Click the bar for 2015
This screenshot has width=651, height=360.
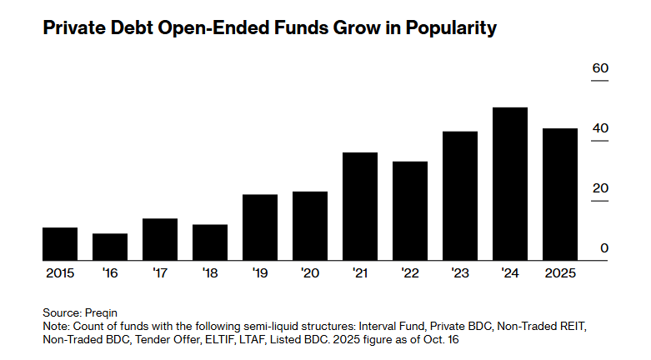60,243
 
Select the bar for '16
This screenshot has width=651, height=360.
110,247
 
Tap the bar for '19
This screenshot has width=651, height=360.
260,227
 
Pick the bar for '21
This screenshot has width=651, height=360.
360,206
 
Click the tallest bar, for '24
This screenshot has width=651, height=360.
510,183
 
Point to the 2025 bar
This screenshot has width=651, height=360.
560,194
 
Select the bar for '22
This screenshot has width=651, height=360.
410,210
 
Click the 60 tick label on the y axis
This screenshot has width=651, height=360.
600,68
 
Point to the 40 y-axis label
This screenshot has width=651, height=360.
600,128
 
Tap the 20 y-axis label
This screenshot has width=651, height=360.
600,188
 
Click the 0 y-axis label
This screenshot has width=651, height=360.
604,248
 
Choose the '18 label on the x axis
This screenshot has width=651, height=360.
210,272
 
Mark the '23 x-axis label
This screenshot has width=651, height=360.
460,272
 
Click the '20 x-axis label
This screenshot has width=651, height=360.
310,272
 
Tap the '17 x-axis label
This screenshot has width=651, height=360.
160,272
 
